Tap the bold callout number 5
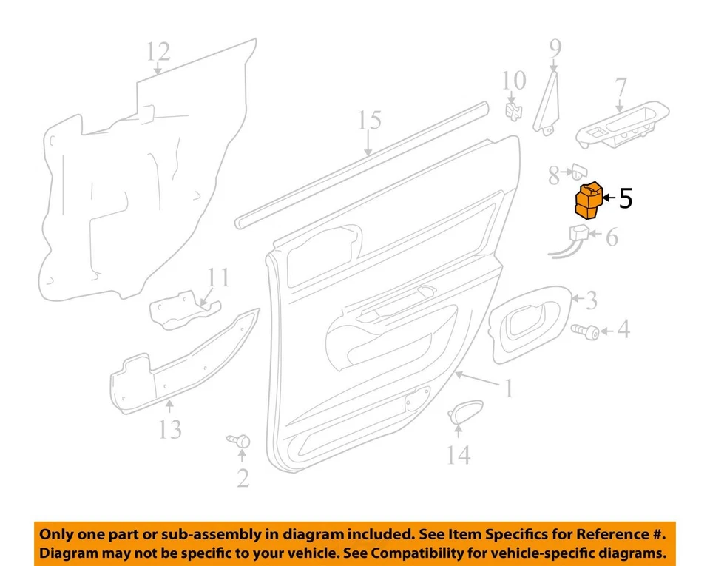point(625,198)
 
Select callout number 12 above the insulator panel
point(158,52)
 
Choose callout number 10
point(514,80)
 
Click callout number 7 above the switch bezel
point(620,89)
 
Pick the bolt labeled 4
point(584,331)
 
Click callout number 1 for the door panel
point(508,388)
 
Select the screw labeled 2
point(240,442)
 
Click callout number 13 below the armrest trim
point(170,428)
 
